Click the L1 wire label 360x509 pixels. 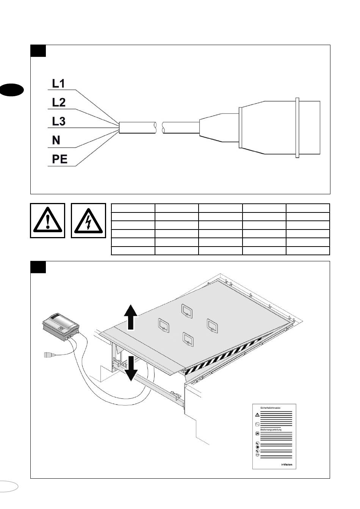click(58, 84)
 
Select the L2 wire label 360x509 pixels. click(58, 102)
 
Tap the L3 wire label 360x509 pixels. click(58, 121)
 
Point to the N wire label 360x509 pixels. click(56, 141)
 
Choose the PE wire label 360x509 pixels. click(60, 159)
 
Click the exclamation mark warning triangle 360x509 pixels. click(47, 220)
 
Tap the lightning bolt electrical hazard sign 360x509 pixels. click(88, 220)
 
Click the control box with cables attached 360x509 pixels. click(61, 324)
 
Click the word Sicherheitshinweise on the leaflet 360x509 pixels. click(270, 408)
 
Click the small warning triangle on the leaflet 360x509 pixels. click(257, 414)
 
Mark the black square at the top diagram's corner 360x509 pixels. click(38, 51)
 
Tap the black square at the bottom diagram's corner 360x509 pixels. click(38, 267)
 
